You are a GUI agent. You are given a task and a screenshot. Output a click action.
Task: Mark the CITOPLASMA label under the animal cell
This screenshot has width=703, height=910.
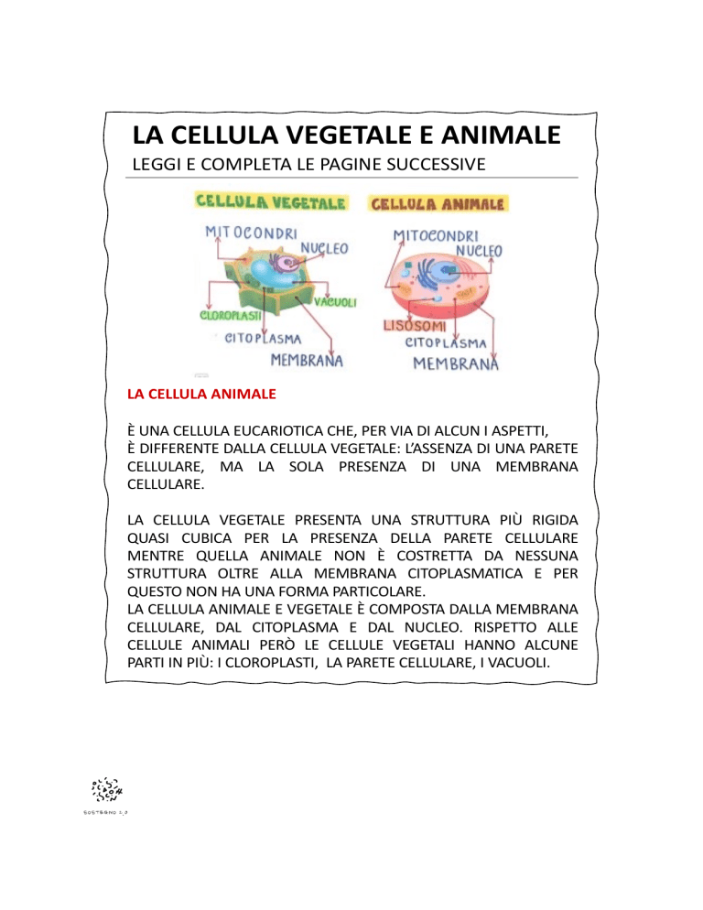(444, 343)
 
